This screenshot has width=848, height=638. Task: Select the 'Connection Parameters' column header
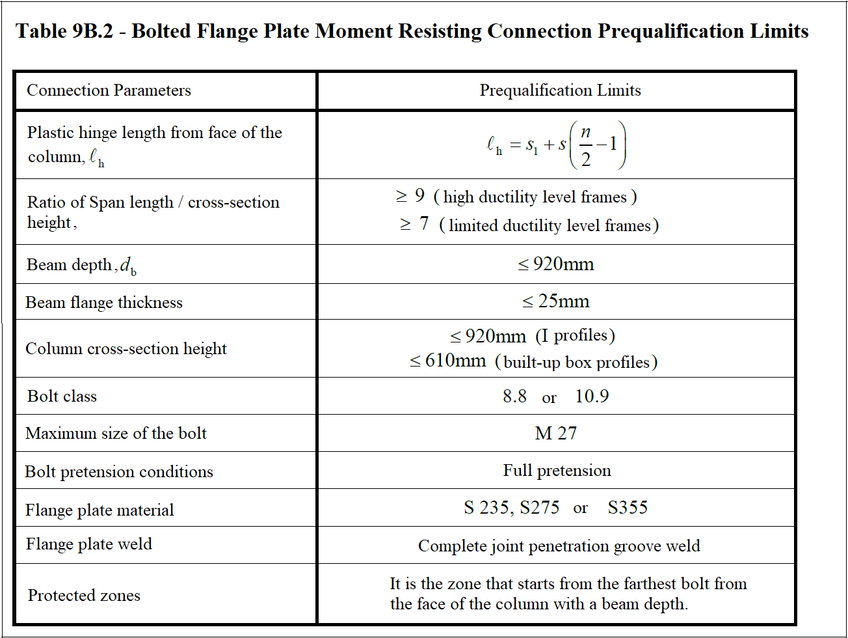coord(109,90)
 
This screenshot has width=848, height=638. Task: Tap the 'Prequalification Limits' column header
coord(560,90)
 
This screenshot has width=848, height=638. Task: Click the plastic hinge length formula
coord(556,145)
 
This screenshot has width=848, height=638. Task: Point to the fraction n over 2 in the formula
coord(585,145)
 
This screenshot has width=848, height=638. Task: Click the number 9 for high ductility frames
coord(419,196)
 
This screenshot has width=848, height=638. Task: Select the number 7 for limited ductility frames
coord(424,225)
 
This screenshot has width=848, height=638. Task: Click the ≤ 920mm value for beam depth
coord(556,264)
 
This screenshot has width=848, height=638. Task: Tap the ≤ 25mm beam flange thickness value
coord(556,301)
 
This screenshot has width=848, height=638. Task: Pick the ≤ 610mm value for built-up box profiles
coord(448,361)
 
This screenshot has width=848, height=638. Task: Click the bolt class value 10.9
coord(592,396)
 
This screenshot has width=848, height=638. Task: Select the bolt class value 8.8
coord(514,396)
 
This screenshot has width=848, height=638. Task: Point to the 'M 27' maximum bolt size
coord(556,434)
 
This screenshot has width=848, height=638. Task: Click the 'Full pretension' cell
coord(557,471)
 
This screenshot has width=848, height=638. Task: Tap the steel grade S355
coord(628,508)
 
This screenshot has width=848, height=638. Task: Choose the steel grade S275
coord(539,508)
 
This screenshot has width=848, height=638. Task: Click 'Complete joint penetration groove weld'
coord(559,546)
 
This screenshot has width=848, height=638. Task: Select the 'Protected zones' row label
coord(84,596)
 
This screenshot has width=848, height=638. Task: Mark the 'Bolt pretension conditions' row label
coord(119,472)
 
